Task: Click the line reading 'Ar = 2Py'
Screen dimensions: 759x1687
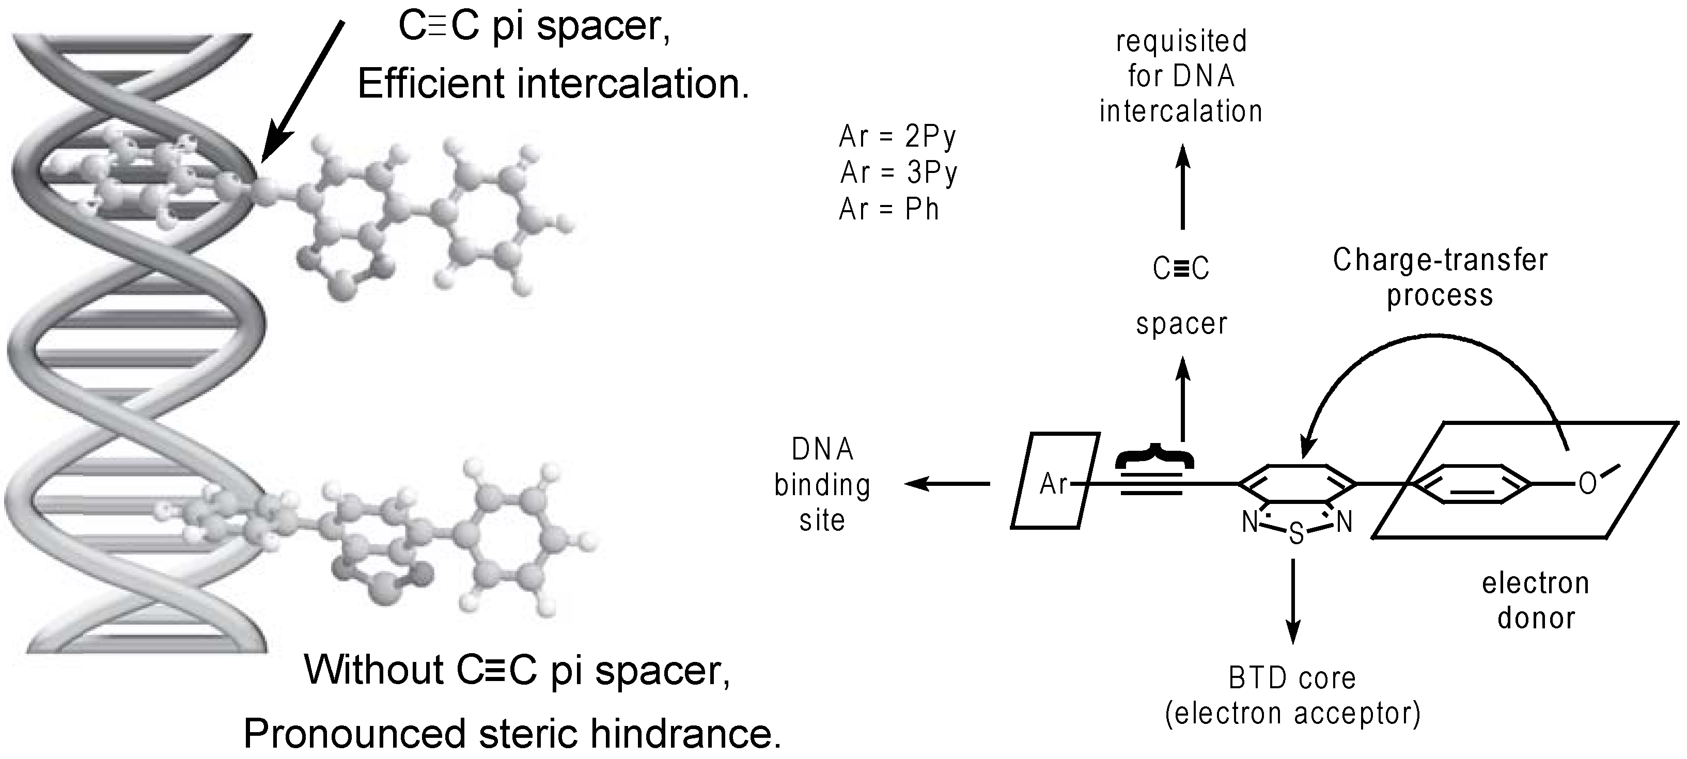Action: click(x=897, y=137)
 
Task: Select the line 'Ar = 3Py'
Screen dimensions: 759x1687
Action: click(x=899, y=173)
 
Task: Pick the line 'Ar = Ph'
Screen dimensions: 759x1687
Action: click(x=888, y=210)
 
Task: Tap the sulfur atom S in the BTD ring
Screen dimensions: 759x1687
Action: click(x=1296, y=534)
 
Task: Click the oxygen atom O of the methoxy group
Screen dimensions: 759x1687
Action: click(x=1587, y=485)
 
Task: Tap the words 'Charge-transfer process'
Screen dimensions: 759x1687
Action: click(x=1440, y=277)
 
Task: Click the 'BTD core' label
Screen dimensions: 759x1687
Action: click(x=1292, y=678)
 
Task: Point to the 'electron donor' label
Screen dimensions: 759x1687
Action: click(x=1536, y=600)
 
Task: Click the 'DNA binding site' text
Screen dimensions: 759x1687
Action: click(x=822, y=485)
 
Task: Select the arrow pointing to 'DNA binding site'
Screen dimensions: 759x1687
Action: click(x=947, y=484)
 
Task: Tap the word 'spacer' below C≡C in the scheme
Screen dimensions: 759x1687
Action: click(x=1181, y=324)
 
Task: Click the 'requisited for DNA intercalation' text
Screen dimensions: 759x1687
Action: click(x=1181, y=76)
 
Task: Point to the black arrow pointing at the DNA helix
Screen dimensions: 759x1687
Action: click(x=303, y=92)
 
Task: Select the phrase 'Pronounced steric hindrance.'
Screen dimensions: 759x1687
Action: click(x=512, y=734)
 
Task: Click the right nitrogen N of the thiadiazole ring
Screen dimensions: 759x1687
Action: click(x=1344, y=522)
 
